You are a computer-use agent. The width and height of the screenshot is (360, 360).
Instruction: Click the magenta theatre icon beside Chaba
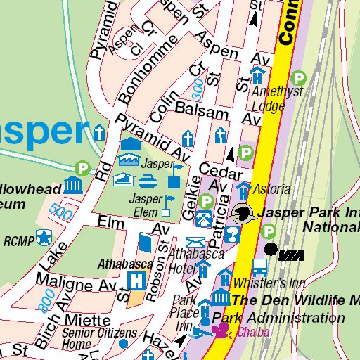[221, 332]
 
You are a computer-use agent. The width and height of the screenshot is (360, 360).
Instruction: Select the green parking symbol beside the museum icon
[83, 168]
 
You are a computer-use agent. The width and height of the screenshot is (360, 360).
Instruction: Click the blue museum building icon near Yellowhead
[73, 186]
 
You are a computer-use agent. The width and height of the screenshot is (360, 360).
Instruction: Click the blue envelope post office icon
[190, 243]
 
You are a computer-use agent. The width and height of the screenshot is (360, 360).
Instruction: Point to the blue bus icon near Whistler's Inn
[259, 266]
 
